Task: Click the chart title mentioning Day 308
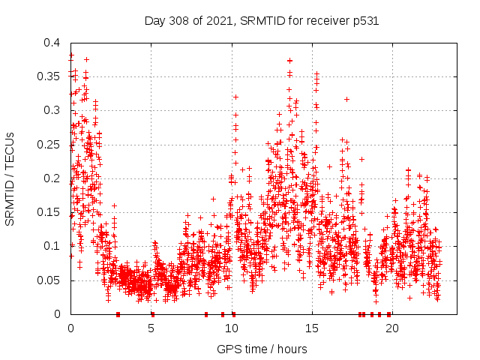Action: tap(261, 21)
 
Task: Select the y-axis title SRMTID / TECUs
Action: tap(10, 178)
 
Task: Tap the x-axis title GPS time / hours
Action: tap(261, 349)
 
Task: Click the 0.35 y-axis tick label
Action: tap(51, 76)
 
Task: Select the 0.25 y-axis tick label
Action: tap(51, 145)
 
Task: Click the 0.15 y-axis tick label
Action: tap(51, 212)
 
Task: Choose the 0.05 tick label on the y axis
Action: tap(51, 280)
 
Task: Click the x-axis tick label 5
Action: tap(151, 328)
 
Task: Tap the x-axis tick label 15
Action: tap(311, 328)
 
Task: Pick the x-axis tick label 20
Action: tap(391, 328)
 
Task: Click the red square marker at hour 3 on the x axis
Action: tap(118, 314)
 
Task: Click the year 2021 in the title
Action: tap(221, 21)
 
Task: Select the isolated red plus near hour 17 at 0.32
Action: tap(346, 99)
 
